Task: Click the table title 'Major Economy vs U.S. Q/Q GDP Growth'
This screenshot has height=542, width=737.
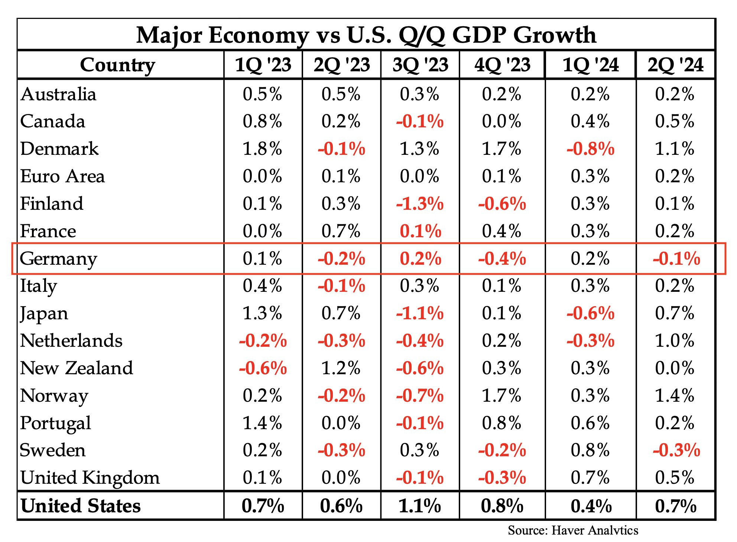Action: [x=366, y=35]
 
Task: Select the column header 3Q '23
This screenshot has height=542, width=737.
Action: [x=420, y=65]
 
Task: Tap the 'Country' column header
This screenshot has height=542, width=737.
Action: [x=117, y=65]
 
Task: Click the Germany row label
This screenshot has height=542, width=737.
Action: [x=58, y=259]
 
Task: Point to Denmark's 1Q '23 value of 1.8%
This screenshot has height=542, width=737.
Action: [x=262, y=149]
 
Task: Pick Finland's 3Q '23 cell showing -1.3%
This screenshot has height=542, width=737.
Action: [x=420, y=204]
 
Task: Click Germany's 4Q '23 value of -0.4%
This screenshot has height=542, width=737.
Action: [x=502, y=259]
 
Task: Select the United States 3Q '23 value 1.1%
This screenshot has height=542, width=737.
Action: [x=420, y=506]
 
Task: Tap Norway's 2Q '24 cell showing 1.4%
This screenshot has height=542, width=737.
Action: [x=675, y=396]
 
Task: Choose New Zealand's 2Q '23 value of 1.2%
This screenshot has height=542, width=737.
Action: [x=341, y=368]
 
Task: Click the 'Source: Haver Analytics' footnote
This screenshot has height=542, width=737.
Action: [x=573, y=530]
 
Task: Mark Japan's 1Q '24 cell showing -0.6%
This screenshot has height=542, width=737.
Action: [x=591, y=313]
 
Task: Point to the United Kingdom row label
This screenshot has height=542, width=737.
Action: [x=90, y=478]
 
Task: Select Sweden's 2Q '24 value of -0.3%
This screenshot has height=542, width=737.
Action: [x=676, y=450]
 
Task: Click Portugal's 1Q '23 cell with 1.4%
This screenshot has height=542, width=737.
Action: [x=262, y=423]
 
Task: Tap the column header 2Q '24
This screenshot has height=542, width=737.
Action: [x=676, y=65]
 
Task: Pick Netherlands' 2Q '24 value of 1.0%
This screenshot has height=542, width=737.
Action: [x=675, y=341]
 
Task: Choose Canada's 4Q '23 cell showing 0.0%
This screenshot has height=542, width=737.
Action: [x=501, y=121]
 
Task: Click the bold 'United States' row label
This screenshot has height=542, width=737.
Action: [x=81, y=506]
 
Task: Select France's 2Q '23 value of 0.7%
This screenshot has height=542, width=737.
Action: [x=341, y=231]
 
